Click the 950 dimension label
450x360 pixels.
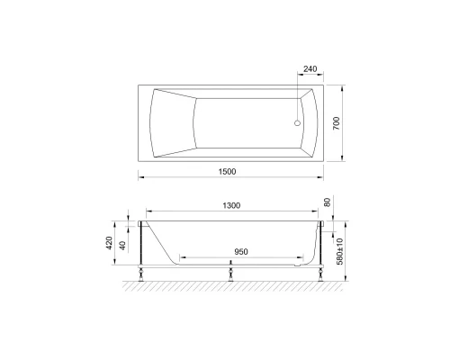coord(238,251)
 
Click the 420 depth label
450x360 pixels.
coord(109,243)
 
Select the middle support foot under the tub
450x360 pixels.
coord(232,270)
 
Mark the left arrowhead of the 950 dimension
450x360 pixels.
coord(180,258)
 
